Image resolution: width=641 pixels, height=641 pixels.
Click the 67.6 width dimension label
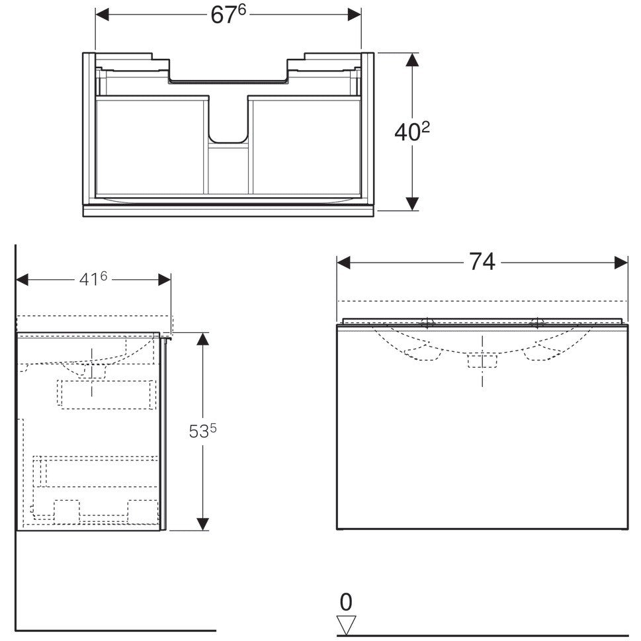click(x=228, y=15)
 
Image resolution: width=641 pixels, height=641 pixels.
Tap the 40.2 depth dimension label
click(x=412, y=131)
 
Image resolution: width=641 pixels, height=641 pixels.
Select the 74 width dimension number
click(x=482, y=262)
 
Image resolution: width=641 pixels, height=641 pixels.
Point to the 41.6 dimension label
click(x=93, y=279)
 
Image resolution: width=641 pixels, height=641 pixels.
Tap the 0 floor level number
click(x=346, y=602)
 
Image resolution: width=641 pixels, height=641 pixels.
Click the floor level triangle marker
click(x=346, y=625)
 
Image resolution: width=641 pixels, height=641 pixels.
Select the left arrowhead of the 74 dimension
click(x=344, y=263)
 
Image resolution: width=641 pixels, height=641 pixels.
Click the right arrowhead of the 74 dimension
click(x=621, y=263)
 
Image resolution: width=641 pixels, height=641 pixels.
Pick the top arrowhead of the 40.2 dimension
click(x=413, y=60)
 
